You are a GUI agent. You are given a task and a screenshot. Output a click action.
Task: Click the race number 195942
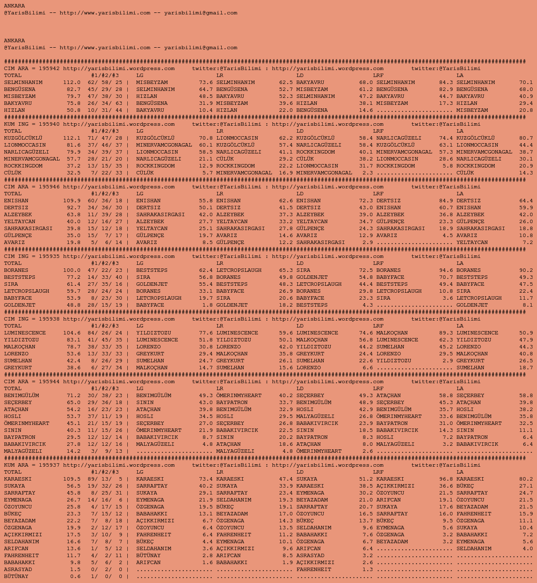point(49,69)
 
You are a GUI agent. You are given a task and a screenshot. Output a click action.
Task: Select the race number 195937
point(49,465)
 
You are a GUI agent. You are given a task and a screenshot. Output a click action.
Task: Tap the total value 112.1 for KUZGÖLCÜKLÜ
point(72,138)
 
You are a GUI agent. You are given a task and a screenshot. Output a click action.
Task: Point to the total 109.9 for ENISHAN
point(72,201)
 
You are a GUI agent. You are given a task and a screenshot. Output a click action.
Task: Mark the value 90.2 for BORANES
point(526,270)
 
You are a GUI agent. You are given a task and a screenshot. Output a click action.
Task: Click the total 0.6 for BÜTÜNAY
point(75,577)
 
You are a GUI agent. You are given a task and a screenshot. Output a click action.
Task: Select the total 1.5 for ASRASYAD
point(75,570)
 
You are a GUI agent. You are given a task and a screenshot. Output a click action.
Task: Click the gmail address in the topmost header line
point(200,13)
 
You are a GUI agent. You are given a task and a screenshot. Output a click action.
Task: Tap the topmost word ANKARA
point(14,6)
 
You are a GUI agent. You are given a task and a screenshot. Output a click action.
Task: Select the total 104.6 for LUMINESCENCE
point(72,333)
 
